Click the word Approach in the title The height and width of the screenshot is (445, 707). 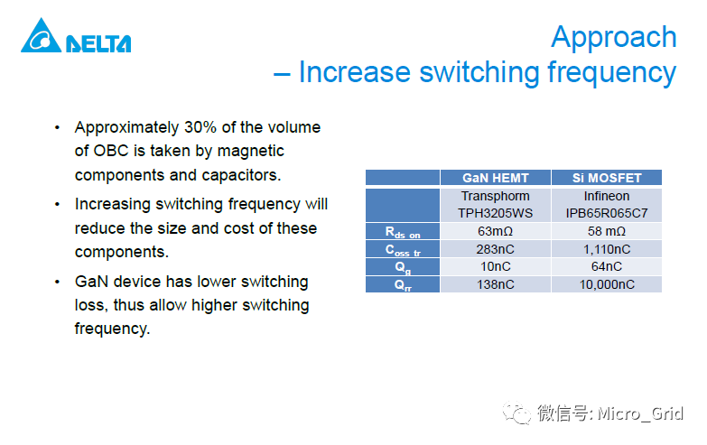click(x=613, y=37)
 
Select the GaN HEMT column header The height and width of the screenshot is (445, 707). click(x=495, y=178)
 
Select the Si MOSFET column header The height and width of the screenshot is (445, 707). click(x=606, y=178)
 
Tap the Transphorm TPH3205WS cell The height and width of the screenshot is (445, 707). click(x=495, y=204)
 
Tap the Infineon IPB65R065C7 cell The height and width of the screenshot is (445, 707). click(x=606, y=204)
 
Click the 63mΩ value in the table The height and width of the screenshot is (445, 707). click(x=495, y=231)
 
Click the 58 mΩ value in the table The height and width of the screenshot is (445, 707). click(x=606, y=231)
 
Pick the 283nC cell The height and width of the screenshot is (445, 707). click(x=495, y=249)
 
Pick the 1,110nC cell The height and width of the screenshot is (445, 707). click(x=606, y=249)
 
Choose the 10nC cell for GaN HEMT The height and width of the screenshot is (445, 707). click(x=495, y=266)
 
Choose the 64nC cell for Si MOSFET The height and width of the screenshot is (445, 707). click(x=606, y=266)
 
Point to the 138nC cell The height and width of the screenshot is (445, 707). click(x=495, y=284)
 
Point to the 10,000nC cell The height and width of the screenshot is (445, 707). click(x=606, y=284)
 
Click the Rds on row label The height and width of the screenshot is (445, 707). click(x=402, y=232)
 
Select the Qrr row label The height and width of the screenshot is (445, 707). click(x=402, y=285)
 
